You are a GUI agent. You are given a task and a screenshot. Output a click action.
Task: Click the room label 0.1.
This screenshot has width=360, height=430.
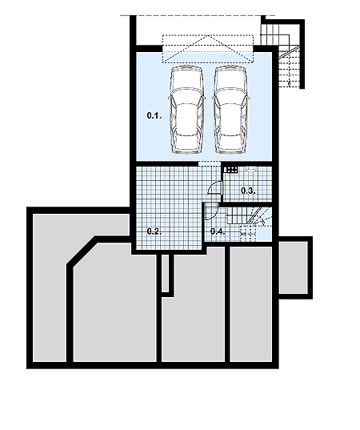(154, 116)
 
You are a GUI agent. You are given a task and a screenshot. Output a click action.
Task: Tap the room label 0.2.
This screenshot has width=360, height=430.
(154, 231)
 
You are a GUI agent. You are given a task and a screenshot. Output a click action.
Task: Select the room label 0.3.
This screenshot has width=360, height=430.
(248, 191)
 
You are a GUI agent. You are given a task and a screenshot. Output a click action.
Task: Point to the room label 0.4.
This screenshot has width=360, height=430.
(218, 231)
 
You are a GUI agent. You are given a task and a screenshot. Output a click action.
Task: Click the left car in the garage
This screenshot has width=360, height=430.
(187, 110)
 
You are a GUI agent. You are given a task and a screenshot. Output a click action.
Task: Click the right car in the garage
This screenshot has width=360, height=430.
(230, 110)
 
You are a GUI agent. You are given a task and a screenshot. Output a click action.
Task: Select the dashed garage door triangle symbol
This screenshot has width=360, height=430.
(208, 49)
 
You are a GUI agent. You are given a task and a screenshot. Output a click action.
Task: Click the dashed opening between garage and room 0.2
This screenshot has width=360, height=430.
(210, 163)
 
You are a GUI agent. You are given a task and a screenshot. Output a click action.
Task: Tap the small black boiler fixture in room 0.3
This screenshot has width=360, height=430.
(230, 170)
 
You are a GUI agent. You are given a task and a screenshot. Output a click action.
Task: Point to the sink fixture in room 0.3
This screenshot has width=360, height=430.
(251, 168)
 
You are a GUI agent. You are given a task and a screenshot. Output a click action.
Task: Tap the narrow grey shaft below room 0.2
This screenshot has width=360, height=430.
(166, 273)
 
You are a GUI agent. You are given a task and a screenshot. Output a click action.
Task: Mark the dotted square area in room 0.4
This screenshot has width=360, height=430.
(248, 233)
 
